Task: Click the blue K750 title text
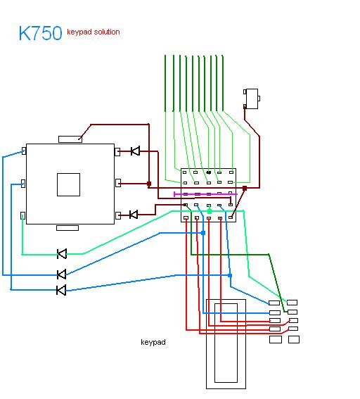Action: (x=40, y=33)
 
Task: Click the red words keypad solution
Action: (x=94, y=32)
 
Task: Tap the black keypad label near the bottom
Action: (x=153, y=342)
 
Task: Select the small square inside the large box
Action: (x=68, y=185)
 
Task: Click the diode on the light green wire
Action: (x=62, y=254)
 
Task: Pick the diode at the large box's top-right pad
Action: (x=135, y=151)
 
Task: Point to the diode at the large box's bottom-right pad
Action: (x=134, y=215)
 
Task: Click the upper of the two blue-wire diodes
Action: (x=62, y=274)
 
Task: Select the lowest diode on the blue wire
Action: (x=61, y=290)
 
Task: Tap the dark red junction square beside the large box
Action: (x=149, y=184)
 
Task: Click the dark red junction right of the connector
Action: (x=245, y=189)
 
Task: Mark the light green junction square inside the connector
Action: (x=210, y=211)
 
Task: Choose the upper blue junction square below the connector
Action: (x=203, y=233)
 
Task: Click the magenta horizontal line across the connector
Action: (x=205, y=194)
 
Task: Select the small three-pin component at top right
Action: (x=252, y=99)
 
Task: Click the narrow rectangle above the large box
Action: (x=70, y=139)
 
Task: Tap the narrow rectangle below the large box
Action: (x=67, y=228)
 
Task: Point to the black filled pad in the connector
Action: (x=209, y=172)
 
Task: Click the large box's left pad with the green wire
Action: (x=22, y=216)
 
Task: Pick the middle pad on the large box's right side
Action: (x=118, y=183)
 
